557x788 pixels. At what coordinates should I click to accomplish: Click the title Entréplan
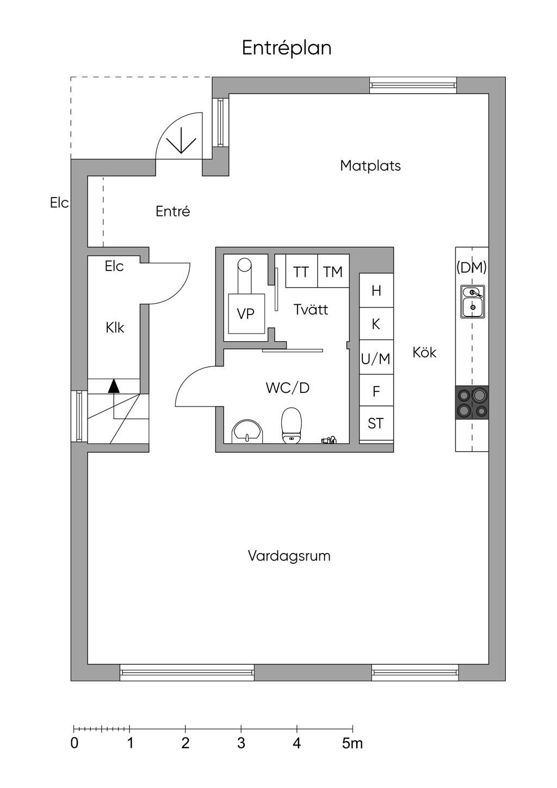click(x=287, y=48)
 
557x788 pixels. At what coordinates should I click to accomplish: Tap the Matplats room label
click(x=370, y=165)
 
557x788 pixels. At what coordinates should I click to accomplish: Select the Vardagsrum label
click(x=289, y=556)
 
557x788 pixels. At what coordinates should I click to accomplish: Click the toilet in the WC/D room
click(x=292, y=426)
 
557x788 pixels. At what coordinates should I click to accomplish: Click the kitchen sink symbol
click(x=472, y=301)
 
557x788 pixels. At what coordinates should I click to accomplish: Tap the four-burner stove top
click(x=472, y=402)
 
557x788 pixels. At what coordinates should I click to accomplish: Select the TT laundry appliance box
click(x=301, y=271)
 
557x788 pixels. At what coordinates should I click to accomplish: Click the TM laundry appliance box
click(x=333, y=271)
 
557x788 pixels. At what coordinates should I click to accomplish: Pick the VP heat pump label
click(x=246, y=313)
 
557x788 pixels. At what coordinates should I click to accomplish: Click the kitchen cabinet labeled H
click(x=376, y=291)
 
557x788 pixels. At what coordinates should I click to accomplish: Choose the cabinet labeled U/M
click(x=376, y=359)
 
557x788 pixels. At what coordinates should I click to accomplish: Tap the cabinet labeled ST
click(x=376, y=423)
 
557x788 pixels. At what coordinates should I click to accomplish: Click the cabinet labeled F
click(x=376, y=391)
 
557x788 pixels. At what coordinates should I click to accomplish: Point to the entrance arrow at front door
click(x=181, y=143)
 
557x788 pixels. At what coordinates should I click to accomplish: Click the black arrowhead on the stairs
click(x=113, y=386)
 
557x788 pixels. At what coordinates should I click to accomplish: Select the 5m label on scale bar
click(x=352, y=743)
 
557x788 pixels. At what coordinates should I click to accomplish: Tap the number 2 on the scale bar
click(x=185, y=743)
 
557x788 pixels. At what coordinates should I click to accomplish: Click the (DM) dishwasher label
click(x=472, y=267)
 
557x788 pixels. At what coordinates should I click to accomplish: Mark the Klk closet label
click(x=115, y=328)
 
